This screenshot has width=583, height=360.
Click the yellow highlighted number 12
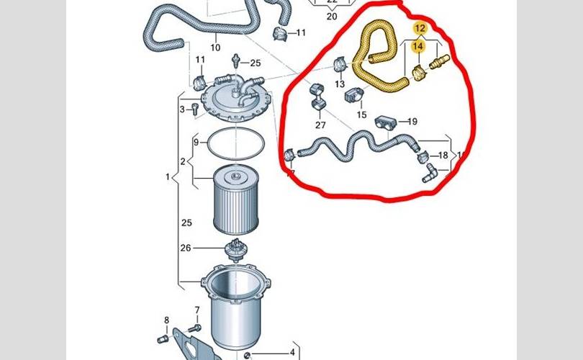coord(420,28)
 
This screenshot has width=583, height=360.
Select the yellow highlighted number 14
coord(418,46)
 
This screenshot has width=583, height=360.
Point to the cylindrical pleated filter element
coord(236,200)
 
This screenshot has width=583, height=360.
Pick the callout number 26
coord(186,248)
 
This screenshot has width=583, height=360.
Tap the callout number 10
coord(215,48)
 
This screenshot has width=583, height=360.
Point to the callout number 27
coord(320,125)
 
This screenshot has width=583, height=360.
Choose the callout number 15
coord(361,115)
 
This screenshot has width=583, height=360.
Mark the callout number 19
coord(412,121)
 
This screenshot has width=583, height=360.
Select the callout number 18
coord(443,155)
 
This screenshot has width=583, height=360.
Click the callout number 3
coord(182,109)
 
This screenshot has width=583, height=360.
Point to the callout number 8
coord(166,320)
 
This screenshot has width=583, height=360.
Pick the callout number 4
coord(292,352)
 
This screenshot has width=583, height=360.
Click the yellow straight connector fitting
coord(440,61)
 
